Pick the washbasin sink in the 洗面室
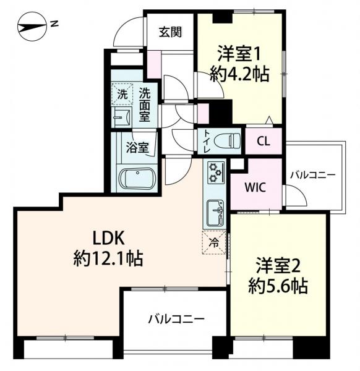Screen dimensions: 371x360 coord(121,116)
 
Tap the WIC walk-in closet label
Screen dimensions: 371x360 coord(255,187)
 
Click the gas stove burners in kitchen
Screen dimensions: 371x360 coord(215,173)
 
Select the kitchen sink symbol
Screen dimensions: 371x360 coord(215,213)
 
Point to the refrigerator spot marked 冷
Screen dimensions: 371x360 coord(213,242)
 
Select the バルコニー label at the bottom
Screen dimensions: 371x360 coord(176,320)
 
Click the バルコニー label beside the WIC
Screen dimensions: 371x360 coord(314,176)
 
